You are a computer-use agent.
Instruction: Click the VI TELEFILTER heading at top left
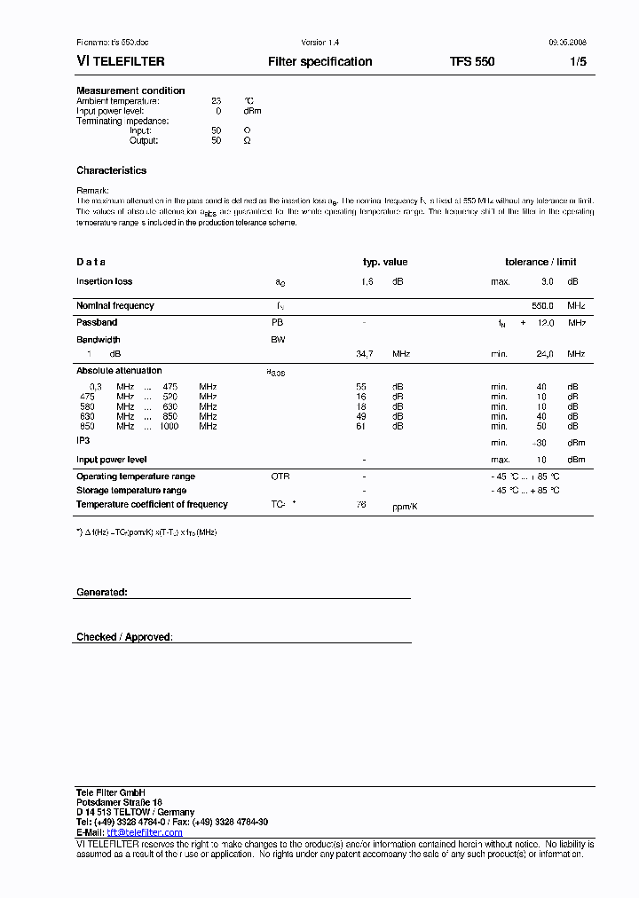pos(120,62)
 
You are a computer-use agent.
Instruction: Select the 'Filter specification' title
pos(319,62)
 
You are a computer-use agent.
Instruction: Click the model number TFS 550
pos(472,62)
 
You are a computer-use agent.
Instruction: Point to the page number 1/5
pos(578,62)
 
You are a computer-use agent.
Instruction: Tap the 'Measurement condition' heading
pos(130,91)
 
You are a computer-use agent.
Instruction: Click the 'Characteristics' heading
pos(111,170)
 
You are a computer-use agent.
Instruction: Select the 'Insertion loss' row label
pos(104,281)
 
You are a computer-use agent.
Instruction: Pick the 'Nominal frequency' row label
pos(114,305)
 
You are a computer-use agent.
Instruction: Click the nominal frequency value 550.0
pos(542,305)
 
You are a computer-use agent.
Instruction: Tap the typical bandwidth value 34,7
pos(364,354)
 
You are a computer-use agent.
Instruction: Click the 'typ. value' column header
pos(385,262)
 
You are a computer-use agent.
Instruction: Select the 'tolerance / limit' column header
pos(540,262)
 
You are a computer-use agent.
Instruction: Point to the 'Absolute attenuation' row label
pos(119,371)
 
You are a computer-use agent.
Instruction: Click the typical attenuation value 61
pos(361,427)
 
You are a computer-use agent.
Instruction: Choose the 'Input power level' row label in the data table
pos(111,460)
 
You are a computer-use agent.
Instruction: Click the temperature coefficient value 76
pos(361,504)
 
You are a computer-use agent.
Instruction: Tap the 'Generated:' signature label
pos(101,592)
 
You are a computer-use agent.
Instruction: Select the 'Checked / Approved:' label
pos(124,637)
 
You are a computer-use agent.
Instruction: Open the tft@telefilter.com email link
pos(145,832)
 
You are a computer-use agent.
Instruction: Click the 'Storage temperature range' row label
pos(131,490)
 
